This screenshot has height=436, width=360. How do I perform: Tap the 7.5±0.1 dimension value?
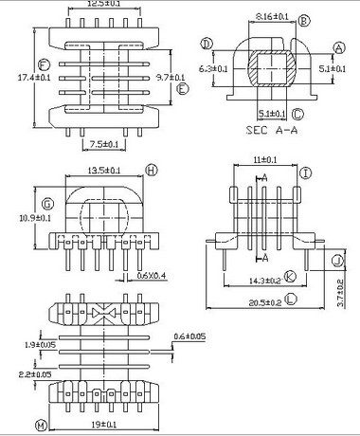click(x=100, y=143)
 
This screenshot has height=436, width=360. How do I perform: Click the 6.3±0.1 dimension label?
click(x=213, y=68)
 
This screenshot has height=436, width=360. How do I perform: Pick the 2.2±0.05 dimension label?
click(x=32, y=375)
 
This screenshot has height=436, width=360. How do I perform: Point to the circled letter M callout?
click(x=40, y=424)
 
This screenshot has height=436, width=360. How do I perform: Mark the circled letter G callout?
click(x=45, y=201)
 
